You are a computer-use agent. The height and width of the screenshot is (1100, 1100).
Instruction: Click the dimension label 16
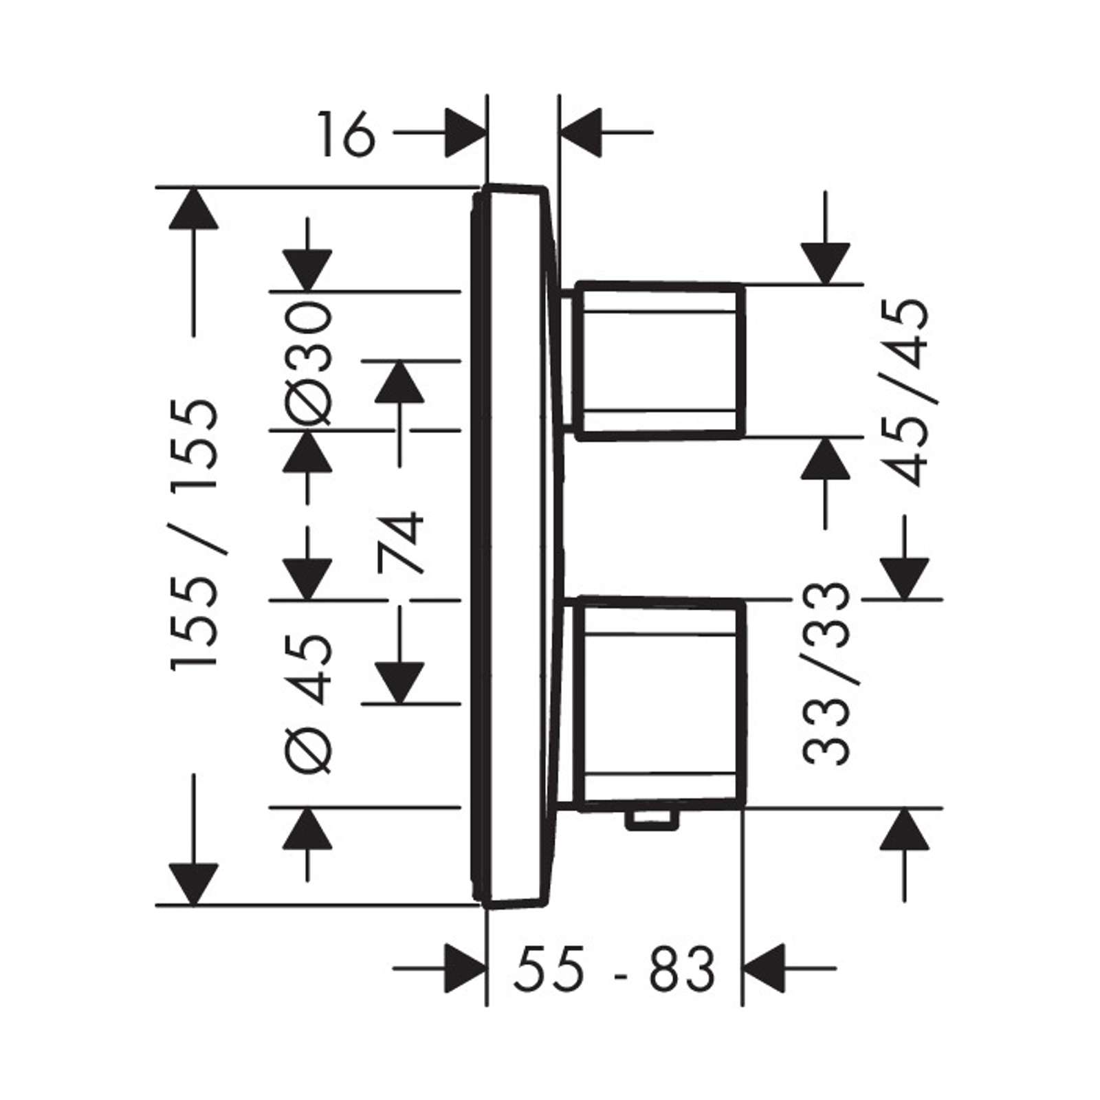(x=346, y=135)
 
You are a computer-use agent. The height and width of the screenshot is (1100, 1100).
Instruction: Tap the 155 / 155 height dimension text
(x=195, y=533)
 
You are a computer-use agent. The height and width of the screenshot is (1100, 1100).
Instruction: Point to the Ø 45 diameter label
(x=308, y=704)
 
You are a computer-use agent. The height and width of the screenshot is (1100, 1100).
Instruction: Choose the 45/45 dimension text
(x=905, y=393)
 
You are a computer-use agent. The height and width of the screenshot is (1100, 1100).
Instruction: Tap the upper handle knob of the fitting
(x=659, y=360)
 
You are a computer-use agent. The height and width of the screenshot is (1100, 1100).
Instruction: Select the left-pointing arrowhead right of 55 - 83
(x=764, y=968)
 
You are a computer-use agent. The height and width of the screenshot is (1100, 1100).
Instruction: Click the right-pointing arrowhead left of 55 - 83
(x=465, y=968)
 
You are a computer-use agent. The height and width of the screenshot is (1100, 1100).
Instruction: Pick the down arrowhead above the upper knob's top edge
(x=826, y=263)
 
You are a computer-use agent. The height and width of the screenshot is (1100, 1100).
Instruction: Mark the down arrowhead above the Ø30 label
(x=307, y=270)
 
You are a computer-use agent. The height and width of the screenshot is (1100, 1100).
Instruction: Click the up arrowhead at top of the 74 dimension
(x=399, y=382)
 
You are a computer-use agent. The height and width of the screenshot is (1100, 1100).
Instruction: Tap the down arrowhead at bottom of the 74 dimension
(x=399, y=683)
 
